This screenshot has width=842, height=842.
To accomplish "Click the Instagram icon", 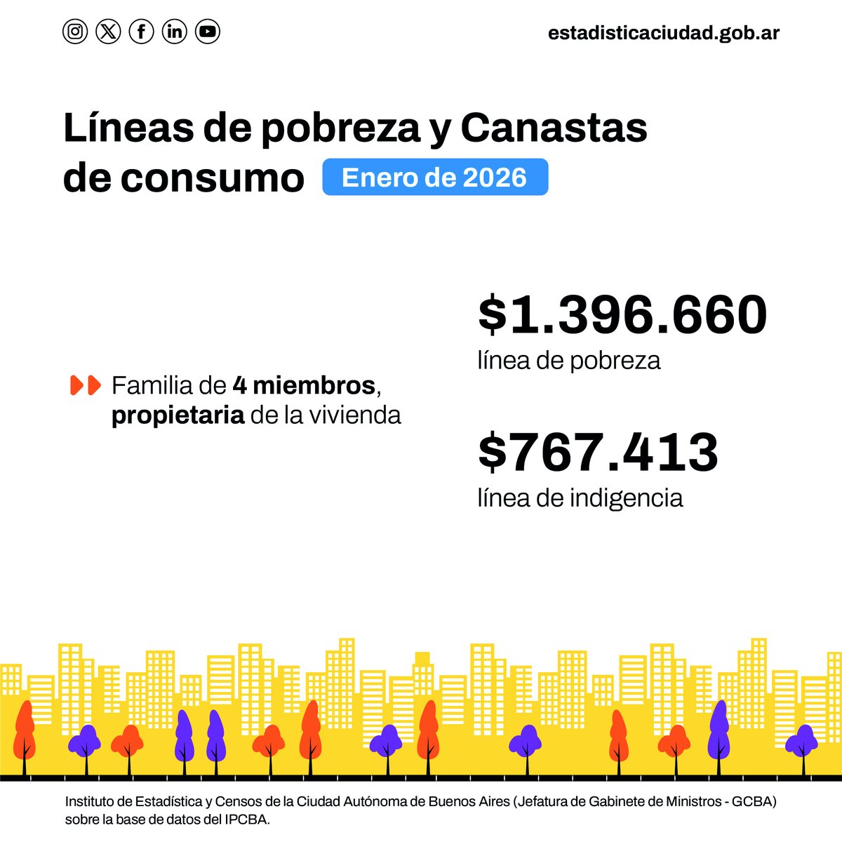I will point(75,32).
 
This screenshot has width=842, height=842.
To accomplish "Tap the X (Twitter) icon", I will point(108,32).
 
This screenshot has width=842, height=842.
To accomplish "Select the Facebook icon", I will point(141,32).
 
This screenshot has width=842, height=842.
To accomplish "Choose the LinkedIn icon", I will point(175,32).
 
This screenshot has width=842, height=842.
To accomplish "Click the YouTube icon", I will point(208,32).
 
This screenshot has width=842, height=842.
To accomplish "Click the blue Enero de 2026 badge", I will point(434,178).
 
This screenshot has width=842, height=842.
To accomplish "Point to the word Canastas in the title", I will point(554,128).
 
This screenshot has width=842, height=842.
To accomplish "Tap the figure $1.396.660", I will point(622,314).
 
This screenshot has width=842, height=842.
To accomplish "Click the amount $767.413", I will point(598,452).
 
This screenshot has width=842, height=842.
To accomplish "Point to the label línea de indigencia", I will point(580,497).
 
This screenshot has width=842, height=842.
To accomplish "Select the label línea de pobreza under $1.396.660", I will point(569,361).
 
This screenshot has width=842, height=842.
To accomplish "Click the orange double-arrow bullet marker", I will point(86,385).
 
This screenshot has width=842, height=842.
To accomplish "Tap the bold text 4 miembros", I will point(304,385).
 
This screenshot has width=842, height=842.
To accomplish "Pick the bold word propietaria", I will point(178,415).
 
